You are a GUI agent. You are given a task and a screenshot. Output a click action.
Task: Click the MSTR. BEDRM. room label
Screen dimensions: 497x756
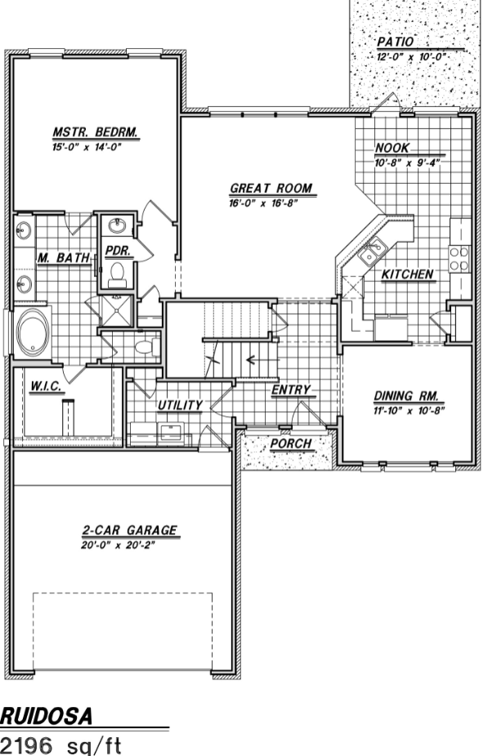(x=96, y=132)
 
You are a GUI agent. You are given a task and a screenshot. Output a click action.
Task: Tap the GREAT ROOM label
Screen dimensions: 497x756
(x=271, y=188)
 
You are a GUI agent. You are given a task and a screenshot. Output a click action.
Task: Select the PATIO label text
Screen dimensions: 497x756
(x=396, y=42)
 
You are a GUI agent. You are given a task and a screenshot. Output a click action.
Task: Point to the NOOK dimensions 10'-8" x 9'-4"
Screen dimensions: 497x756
(x=408, y=163)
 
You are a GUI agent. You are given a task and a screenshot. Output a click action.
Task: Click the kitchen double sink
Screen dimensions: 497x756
(x=373, y=251)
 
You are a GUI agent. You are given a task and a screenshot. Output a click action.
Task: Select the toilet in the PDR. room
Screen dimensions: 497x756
(x=117, y=273)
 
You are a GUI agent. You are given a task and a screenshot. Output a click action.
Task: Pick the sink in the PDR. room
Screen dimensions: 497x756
(x=116, y=225)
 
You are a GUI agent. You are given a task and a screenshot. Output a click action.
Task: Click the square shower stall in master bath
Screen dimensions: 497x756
(x=115, y=311)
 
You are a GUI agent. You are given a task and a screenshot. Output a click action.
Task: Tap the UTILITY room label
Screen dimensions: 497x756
(x=181, y=405)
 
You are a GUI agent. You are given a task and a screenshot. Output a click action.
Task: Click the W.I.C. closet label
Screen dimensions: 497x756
(x=45, y=387)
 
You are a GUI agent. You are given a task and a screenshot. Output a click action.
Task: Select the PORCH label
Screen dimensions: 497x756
(x=291, y=444)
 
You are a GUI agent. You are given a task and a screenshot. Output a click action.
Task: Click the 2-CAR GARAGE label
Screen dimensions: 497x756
(x=130, y=530)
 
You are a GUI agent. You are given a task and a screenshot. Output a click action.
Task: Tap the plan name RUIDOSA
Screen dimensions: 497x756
(x=46, y=717)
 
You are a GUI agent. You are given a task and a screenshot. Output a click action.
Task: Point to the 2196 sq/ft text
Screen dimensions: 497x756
(x=60, y=745)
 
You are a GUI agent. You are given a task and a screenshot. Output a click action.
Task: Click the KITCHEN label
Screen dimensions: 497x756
(x=407, y=275)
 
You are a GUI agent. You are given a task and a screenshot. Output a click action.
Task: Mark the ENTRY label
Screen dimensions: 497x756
(x=291, y=390)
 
